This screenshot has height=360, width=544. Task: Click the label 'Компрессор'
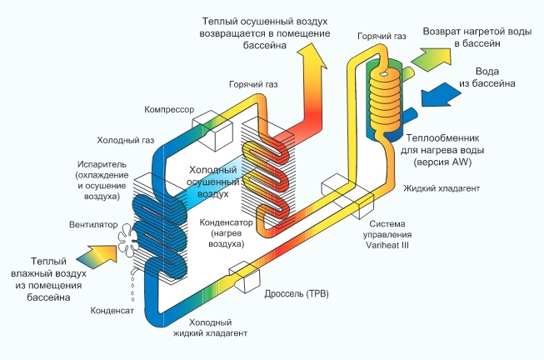[168, 109]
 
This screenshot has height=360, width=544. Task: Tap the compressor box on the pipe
[212, 129]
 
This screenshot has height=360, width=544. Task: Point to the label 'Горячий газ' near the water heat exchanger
[381, 37]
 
